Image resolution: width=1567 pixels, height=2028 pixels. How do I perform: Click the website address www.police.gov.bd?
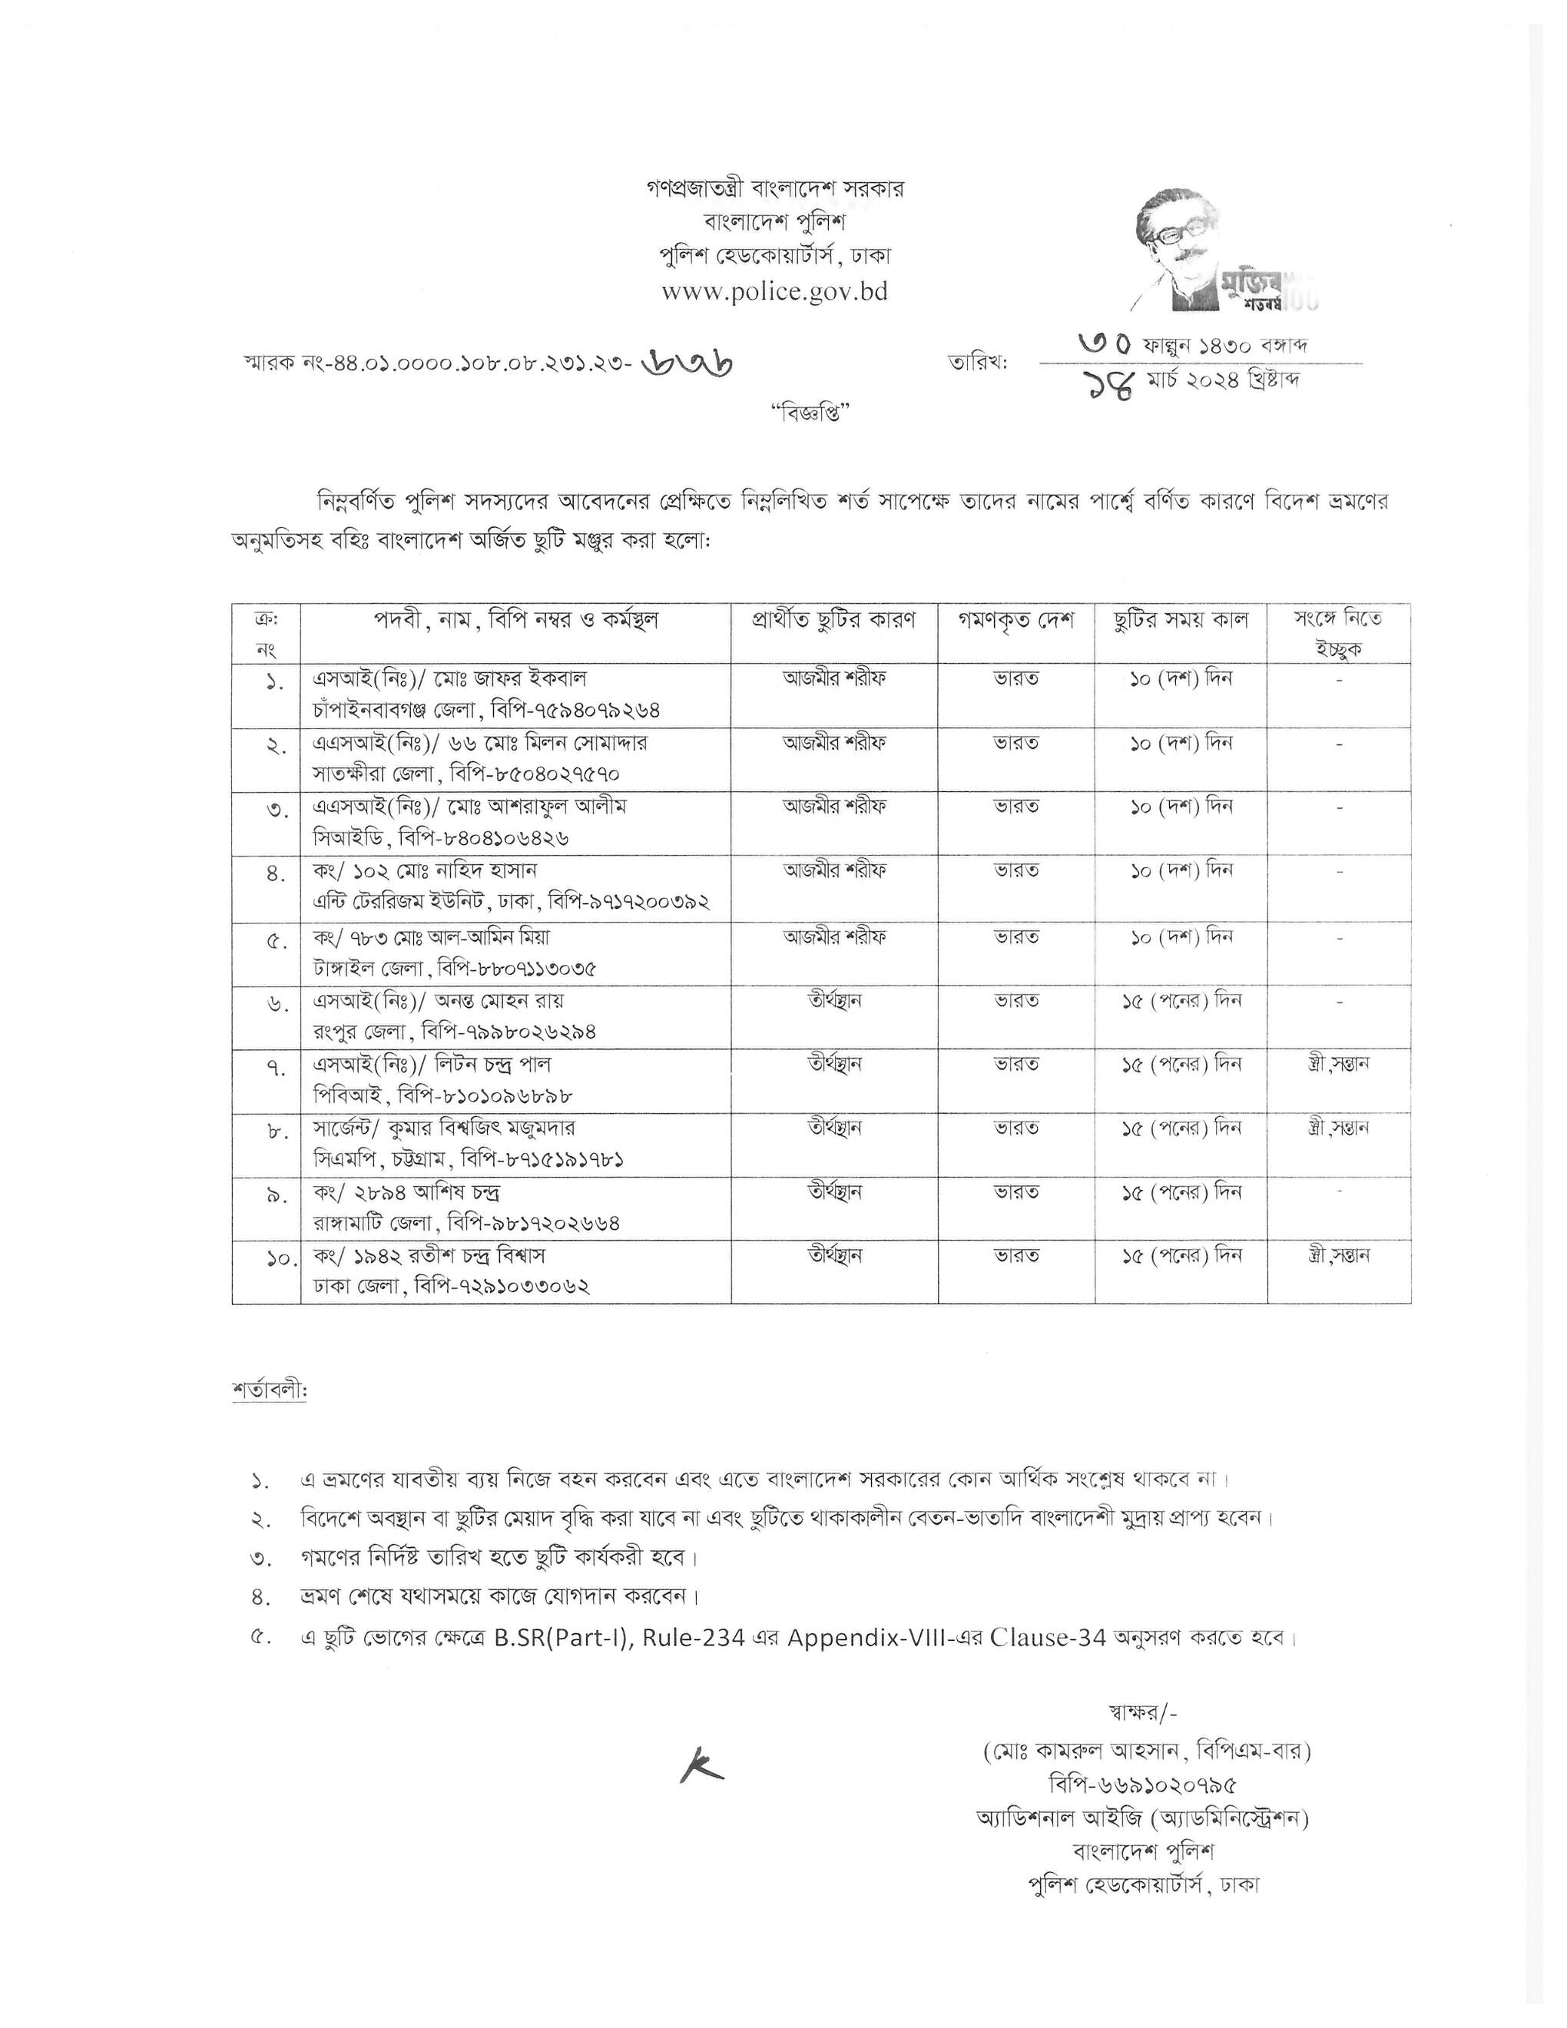774,292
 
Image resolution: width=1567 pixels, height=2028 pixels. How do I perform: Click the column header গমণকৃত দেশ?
1015,620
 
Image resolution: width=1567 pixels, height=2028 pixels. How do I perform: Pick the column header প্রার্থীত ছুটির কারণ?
833,620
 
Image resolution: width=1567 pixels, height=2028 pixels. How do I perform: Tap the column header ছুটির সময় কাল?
1181,620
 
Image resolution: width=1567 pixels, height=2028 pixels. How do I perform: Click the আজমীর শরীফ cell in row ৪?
833,870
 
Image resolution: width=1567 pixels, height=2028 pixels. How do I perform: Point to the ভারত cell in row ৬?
1015,1000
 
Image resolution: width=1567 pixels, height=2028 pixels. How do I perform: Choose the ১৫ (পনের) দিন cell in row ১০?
1181,1255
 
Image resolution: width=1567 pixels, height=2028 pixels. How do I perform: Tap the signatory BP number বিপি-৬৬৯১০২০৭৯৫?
1144,1784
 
